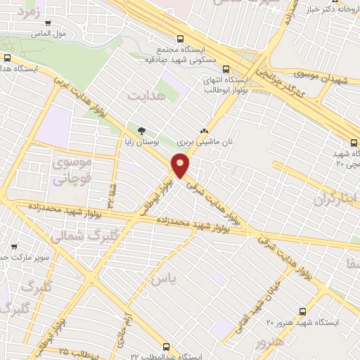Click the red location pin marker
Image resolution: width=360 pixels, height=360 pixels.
(181, 165)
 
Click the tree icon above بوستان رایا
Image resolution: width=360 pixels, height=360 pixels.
(142, 130)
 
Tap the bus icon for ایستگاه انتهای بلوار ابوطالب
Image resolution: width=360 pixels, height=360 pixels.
(226, 69)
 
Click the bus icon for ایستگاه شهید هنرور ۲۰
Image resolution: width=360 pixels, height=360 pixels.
(302, 310)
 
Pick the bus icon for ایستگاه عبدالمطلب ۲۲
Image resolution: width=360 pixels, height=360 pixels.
(166, 346)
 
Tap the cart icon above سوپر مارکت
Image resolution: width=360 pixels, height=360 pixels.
(14, 247)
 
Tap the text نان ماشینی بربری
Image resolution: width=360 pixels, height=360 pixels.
(205, 142)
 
